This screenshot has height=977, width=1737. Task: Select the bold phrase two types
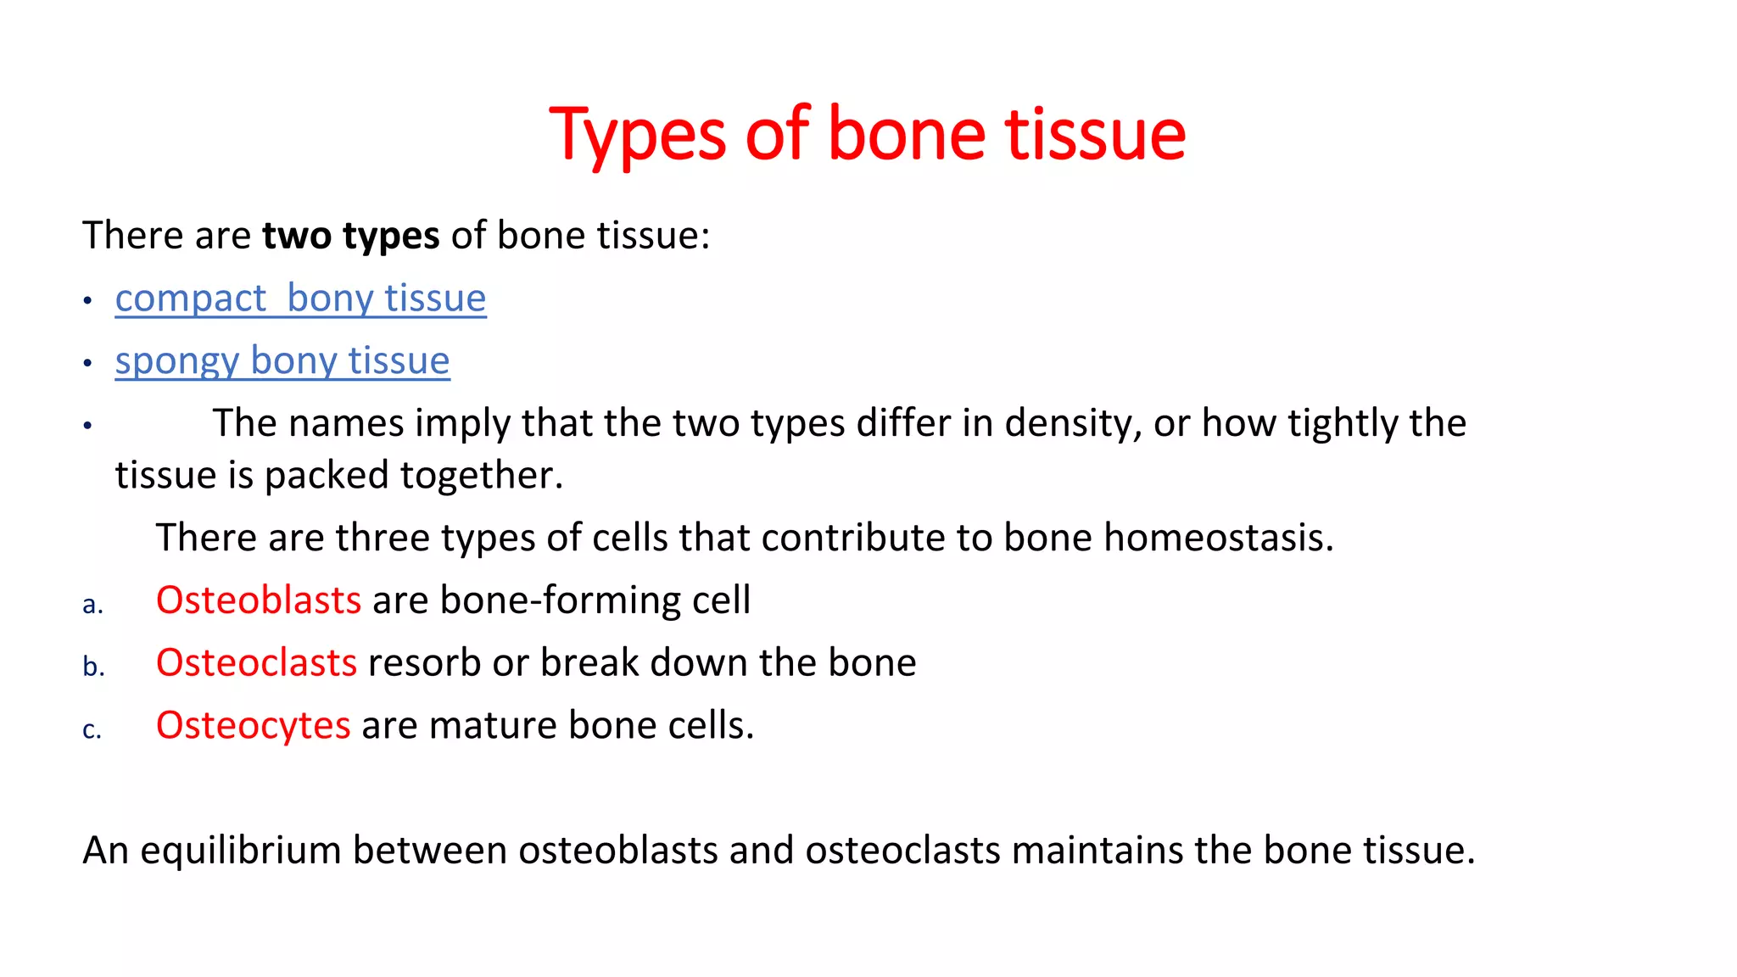pos(350,236)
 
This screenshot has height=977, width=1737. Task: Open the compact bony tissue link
pos(300,299)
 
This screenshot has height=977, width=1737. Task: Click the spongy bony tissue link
pos(282,361)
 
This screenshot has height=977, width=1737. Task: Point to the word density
pos(1072,423)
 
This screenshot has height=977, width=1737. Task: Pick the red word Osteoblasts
pos(259,600)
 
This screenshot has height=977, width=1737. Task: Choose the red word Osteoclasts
pos(256,663)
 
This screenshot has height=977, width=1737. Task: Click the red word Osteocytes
pos(253,726)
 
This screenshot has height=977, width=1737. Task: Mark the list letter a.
pos(92,605)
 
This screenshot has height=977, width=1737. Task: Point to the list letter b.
pos(93,667)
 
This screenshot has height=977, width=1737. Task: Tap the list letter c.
pos(92,730)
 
